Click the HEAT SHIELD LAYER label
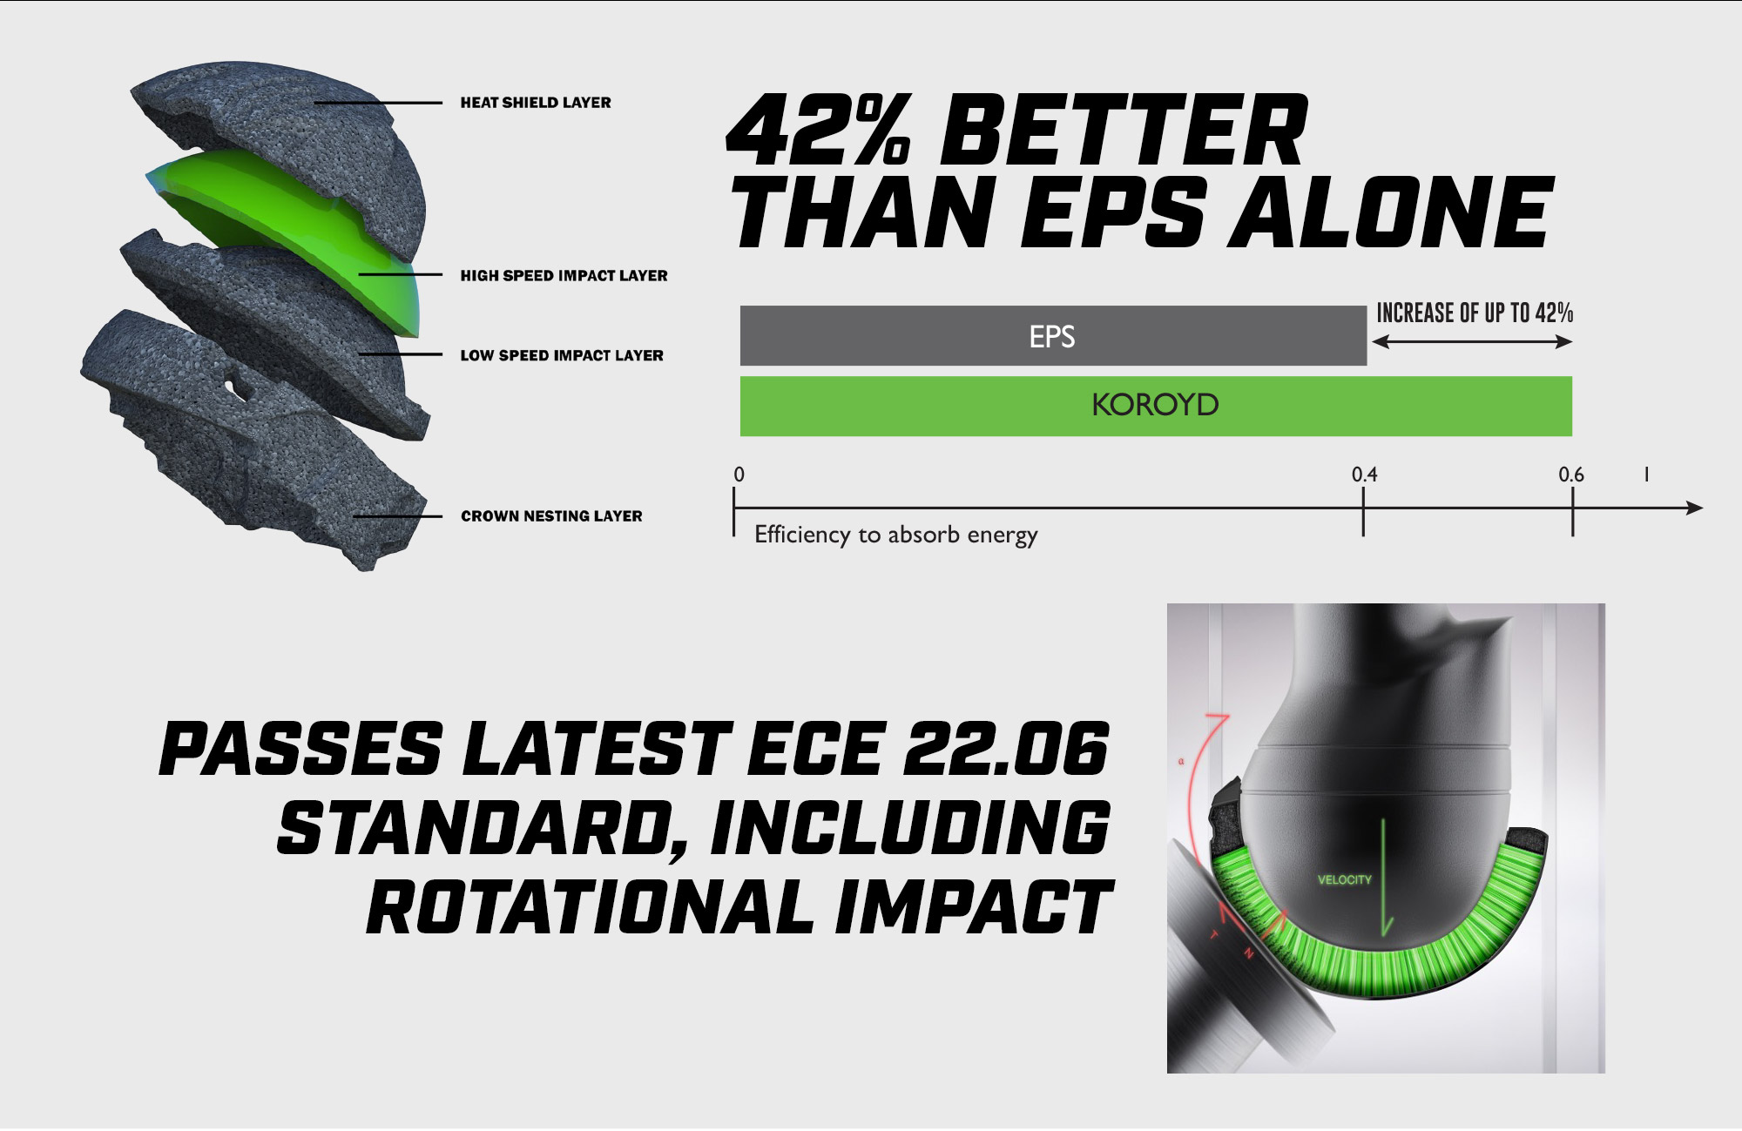[x=536, y=103]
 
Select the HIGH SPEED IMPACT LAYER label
[x=564, y=276]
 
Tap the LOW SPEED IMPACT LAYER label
[x=562, y=355]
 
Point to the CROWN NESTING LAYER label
[x=551, y=516]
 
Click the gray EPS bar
[x=1053, y=336]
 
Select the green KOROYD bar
[x=1156, y=406]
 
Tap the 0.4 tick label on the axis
[x=1364, y=475]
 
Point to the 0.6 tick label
[x=1571, y=475]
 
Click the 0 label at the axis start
[x=739, y=475]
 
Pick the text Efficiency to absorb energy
[x=896, y=535]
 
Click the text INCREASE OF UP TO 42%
[x=1475, y=313]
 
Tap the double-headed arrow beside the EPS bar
[x=1472, y=342]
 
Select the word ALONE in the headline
[x=1391, y=212]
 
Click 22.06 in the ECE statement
[x=1006, y=749]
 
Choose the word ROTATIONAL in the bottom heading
[x=590, y=907]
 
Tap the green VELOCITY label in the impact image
[x=1344, y=880]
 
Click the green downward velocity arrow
[x=1384, y=878]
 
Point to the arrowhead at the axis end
[x=1695, y=508]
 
